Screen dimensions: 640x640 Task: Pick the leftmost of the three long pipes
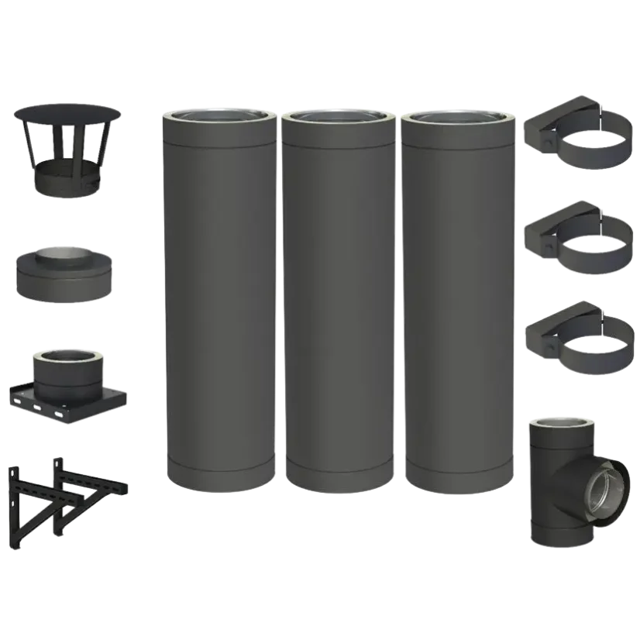pyautogui.click(x=218, y=310)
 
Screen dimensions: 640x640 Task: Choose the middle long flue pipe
pyautogui.click(x=338, y=310)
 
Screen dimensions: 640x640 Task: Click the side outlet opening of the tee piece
pyautogui.click(x=603, y=489)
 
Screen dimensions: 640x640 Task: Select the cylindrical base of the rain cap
pyautogui.click(x=67, y=179)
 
